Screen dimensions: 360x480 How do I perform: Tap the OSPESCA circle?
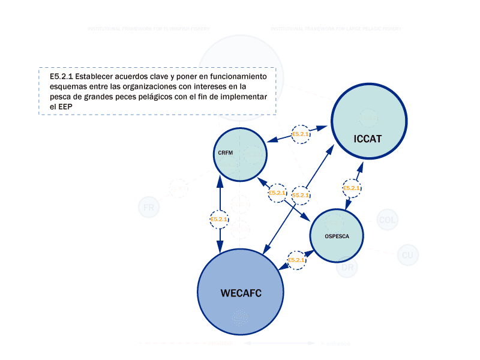[337, 236]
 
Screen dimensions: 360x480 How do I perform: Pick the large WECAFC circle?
[240, 292]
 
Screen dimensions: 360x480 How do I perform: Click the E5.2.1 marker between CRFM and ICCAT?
[300, 134]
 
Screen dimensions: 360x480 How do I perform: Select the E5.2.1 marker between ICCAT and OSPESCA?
[352, 188]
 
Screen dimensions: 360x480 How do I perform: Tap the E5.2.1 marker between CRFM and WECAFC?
[220, 220]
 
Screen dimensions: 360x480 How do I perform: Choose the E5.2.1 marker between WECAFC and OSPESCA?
[296, 260]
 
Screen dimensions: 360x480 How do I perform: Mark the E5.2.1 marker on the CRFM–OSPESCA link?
[277, 193]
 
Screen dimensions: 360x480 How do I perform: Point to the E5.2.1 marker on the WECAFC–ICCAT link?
[301, 195]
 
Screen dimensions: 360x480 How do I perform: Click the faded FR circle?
[148, 208]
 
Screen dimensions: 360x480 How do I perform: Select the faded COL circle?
[388, 220]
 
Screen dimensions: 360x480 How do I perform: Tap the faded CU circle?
[407, 256]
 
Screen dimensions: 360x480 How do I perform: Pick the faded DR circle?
[347, 268]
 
